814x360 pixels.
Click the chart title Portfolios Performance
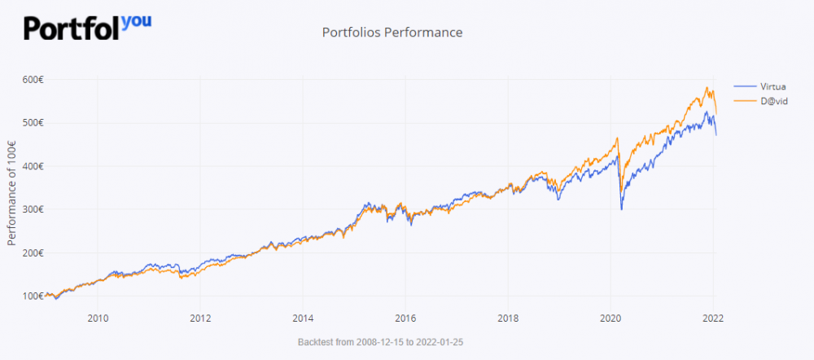coord(392,33)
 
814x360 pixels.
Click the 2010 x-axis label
coord(98,318)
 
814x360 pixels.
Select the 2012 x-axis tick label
coord(200,318)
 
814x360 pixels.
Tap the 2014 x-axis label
coord(303,318)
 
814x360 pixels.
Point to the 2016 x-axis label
coord(405,318)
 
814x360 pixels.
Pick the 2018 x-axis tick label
coord(508,318)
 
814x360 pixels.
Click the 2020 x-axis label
coord(610,318)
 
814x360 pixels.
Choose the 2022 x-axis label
coord(713,318)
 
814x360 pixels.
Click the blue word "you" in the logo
coord(136,20)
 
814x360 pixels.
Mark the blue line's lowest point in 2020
coord(622,209)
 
